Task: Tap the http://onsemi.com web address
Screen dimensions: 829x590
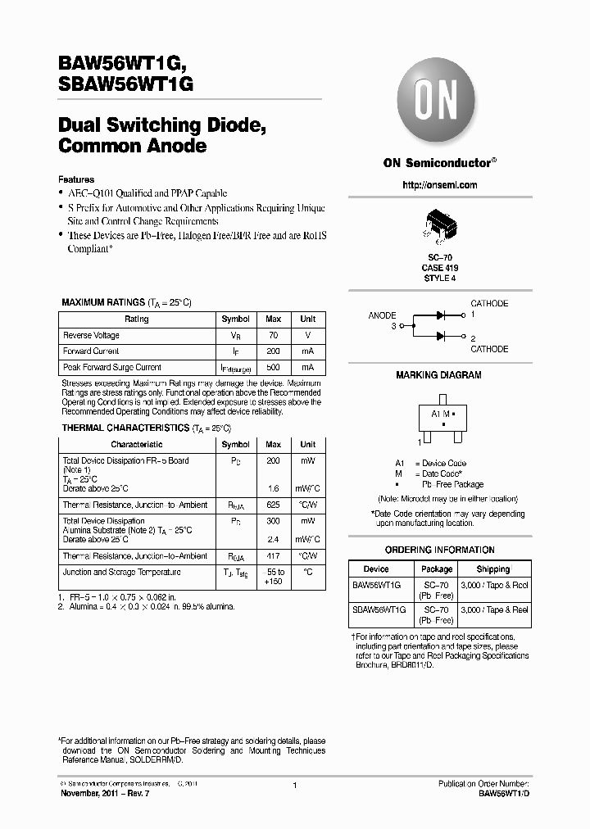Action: tap(440, 185)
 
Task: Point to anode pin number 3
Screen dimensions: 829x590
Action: tap(393, 326)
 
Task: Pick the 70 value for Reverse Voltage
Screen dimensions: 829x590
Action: tap(274, 335)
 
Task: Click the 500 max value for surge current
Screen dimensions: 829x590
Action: tap(274, 368)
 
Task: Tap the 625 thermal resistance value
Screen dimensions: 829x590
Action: tap(274, 505)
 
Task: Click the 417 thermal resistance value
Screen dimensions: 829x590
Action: tap(274, 556)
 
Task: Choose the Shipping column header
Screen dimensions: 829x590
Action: tap(492, 569)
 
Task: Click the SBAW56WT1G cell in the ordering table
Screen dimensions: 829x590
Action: tap(376, 610)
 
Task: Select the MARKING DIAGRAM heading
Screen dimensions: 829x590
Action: tap(439, 375)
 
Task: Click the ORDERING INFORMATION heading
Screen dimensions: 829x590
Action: tap(439, 550)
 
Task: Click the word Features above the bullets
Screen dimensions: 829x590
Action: tap(76, 179)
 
